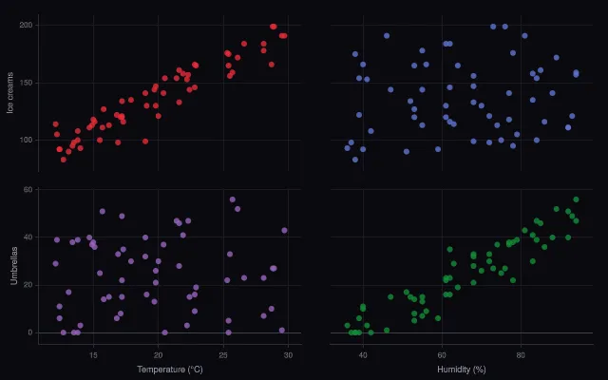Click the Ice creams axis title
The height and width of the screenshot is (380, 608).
(10, 93)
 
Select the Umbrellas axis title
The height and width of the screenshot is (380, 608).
(14, 266)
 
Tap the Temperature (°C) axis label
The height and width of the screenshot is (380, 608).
(170, 370)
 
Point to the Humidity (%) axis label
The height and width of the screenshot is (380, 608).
(462, 370)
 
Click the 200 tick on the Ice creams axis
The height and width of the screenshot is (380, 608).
(26, 26)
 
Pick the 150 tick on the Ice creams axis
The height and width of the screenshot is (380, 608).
(26, 83)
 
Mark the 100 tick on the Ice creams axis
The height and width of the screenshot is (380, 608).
(26, 140)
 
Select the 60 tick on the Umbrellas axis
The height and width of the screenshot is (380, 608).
(28, 190)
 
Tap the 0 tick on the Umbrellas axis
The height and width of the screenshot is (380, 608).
(30, 332)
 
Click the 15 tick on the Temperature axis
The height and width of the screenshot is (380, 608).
(93, 355)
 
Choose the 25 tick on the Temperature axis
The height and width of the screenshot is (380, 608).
(223, 355)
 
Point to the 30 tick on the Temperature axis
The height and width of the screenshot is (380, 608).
(288, 355)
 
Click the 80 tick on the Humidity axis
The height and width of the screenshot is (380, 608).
(521, 355)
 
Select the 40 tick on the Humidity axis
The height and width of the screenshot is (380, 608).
(363, 355)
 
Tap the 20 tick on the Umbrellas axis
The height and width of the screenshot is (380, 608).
(28, 285)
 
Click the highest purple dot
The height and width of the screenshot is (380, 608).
(232, 199)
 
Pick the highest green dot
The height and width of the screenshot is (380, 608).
(576, 199)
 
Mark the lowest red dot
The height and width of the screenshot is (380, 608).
(64, 160)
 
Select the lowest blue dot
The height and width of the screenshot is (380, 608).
(355, 160)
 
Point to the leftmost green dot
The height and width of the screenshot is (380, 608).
(347, 325)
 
